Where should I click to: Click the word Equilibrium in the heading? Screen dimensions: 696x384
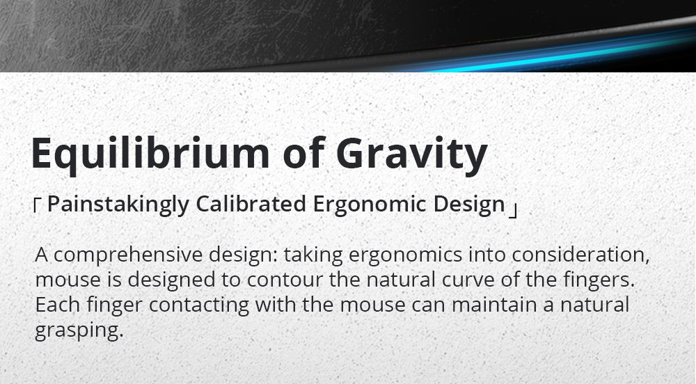coord(150,154)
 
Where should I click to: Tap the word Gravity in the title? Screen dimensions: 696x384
coord(412,154)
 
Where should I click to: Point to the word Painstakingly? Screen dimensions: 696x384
coord(118,205)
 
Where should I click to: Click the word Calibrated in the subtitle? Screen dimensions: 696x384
coord(251,204)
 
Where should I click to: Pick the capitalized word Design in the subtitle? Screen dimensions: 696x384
coord(469,205)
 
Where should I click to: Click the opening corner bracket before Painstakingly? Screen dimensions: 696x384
coord(38,205)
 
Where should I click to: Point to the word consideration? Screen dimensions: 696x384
coord(580,255)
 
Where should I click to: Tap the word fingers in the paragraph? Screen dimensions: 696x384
coord(599,280)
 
